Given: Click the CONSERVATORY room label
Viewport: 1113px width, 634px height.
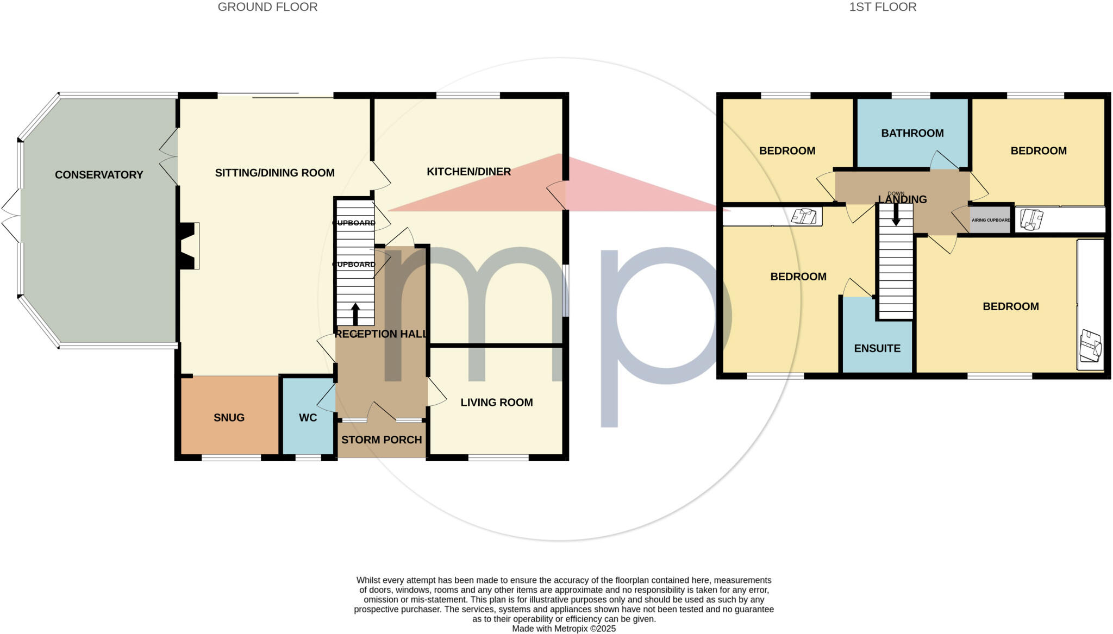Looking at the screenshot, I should [99, 175].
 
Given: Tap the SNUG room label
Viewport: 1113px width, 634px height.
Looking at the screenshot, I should [229, 418].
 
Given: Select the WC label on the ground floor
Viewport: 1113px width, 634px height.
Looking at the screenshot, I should [308, 418].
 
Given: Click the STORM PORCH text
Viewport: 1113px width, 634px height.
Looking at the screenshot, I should [382, 440].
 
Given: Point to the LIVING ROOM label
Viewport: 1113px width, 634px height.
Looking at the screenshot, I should [496, 403].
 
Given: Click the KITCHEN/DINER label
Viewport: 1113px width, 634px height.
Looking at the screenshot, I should [468, 172].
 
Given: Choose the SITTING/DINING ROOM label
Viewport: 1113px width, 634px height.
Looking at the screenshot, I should [274, 173].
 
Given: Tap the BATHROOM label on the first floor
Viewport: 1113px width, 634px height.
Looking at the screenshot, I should [912, 133].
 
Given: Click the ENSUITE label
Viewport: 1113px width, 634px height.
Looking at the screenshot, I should [877, 349].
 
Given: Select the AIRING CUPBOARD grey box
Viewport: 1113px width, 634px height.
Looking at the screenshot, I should [990, 220].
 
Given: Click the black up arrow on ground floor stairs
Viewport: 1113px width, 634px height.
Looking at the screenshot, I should [355, 313].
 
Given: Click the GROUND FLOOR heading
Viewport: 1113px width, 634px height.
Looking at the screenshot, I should [267, 7].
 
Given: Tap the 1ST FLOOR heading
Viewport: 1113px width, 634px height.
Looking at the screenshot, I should [883, 7].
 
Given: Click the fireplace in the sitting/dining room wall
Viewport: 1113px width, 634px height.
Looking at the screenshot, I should [188, 246].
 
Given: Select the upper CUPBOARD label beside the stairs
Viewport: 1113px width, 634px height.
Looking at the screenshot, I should [354, 223].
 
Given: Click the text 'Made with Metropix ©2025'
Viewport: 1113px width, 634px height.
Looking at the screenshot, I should [564, 629].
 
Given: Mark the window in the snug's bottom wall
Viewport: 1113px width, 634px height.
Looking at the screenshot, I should [232, 457].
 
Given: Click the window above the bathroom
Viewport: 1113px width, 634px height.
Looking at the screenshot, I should [911, 96].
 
